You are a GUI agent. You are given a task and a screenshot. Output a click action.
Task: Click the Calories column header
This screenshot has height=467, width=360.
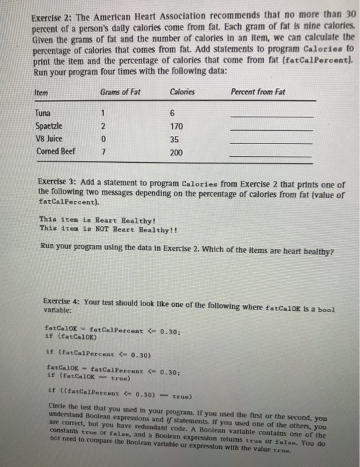[182, 93]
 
